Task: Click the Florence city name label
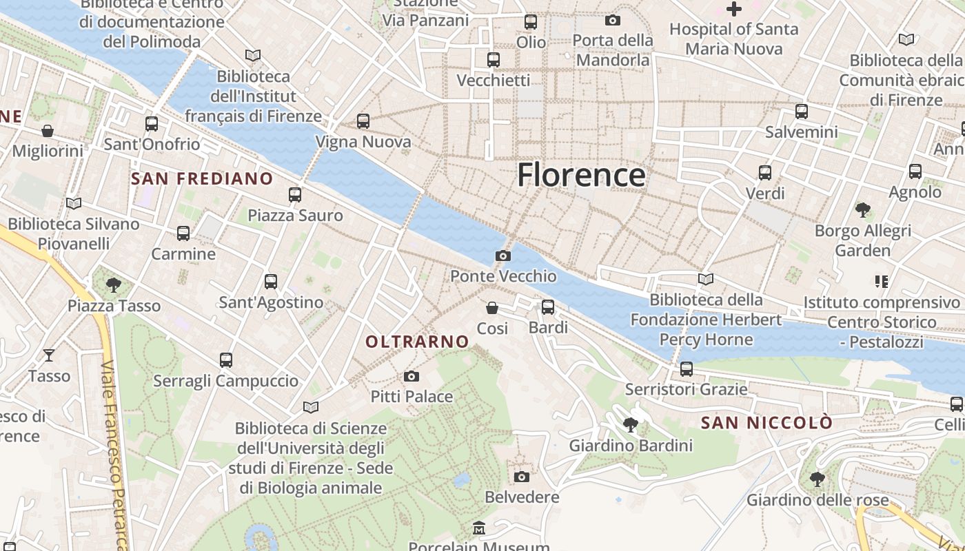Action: point(581,175)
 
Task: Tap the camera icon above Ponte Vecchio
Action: point(503,256)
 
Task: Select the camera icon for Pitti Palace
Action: point(412,376)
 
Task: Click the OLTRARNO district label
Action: point(417,342)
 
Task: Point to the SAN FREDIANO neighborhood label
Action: point(202,179)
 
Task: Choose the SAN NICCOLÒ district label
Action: point(766,423)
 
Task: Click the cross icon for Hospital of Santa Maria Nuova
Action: point(734,10)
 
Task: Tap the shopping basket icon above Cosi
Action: point(492,307)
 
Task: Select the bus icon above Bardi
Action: point(548,306)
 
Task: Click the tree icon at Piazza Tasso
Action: point(114,284)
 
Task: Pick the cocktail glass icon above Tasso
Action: point(49,355)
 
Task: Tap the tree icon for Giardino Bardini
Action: point(630,424)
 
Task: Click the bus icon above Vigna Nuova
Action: point(363,121)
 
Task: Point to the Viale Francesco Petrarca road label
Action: point(114,455)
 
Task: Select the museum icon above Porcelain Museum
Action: point(479,528)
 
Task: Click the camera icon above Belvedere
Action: point(522,477)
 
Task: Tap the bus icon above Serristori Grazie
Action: point(686,368)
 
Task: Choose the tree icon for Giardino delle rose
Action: point(817,478)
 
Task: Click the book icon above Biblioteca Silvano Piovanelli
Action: point(73,203)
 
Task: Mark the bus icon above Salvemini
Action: point(801,111)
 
